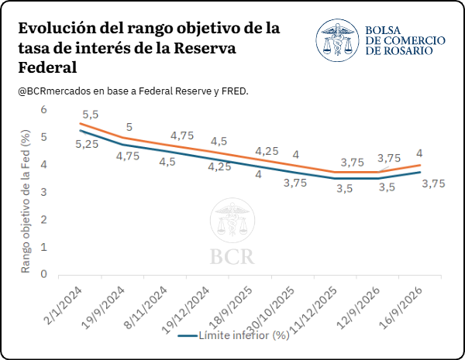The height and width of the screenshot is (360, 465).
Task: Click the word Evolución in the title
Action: pos(57,29)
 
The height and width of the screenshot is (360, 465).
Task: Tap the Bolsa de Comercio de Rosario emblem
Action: pos(337,40)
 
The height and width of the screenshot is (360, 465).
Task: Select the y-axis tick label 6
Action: pos(44,109)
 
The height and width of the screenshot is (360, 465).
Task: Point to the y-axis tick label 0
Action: pos(44,274)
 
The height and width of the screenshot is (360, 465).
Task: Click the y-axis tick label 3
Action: pos(44,192)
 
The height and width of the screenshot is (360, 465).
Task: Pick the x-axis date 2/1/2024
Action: pos(64,306)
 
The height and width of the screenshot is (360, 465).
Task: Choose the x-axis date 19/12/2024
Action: pos(186,310)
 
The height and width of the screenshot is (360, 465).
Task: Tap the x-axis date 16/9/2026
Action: pos(401,308)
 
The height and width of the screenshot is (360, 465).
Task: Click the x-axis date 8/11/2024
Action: pos(146,308)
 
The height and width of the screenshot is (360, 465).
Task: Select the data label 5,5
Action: pos(91,115)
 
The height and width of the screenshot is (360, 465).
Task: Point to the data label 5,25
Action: pos(87,144)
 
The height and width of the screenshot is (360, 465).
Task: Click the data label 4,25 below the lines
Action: pos(219,166)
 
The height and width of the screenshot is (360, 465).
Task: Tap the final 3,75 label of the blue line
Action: pos(433,183)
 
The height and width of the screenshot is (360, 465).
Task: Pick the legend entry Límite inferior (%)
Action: pos(234,335)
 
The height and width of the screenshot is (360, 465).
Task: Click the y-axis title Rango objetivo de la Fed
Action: pos(26,201)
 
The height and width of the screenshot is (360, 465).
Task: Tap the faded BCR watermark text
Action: pos(232,256)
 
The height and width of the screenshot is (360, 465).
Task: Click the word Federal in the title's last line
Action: pos(47,67)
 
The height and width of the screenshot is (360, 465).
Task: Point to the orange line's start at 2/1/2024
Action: pos(80,123)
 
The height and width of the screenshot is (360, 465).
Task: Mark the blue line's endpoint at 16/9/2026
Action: pos(420,172)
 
